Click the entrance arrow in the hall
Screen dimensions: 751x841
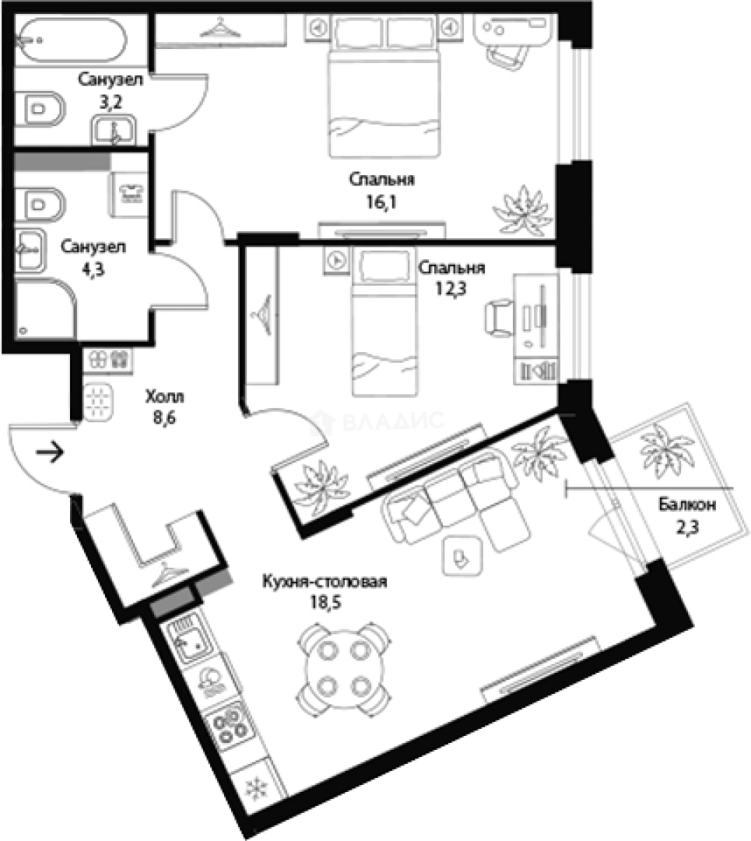click(50, 452)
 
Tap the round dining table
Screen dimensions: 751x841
click(343, 668)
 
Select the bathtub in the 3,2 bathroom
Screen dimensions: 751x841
click(70, 40)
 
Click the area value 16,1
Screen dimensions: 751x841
click(381, 202)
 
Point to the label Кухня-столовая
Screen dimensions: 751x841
click(325, 582)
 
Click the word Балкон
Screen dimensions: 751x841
click(687, 504)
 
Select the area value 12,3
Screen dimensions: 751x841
click(451, 289)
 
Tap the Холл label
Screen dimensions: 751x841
click(164, 396)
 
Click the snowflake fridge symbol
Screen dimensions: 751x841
click(256, 788)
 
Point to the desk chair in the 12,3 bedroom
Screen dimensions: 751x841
click(500, 318)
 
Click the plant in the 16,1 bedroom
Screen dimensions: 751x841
click(522, 211)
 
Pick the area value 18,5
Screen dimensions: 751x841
click(325, 602)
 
